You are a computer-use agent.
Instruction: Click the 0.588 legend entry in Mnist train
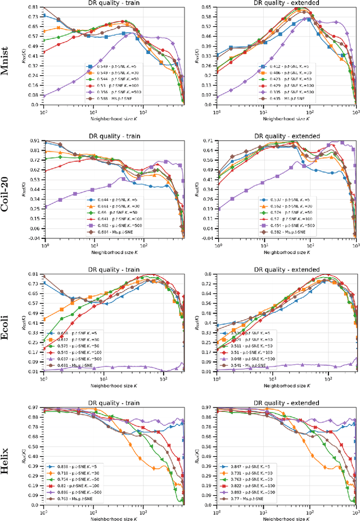click(110, 99)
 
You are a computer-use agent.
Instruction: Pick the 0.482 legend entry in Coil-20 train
click(110, 226)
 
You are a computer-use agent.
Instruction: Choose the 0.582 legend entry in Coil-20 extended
click(282, 232)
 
